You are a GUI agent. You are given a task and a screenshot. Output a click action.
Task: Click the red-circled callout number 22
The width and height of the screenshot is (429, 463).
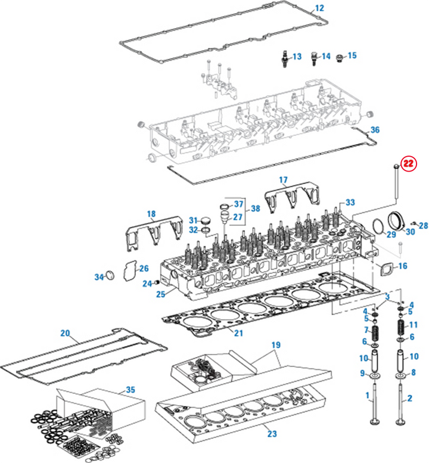408,163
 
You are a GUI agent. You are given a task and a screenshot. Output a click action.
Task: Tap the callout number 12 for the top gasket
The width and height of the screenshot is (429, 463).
319,8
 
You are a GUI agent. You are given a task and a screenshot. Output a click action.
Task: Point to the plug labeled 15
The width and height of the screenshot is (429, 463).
340,58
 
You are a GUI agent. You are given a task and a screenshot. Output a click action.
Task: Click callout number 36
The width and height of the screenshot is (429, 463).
374,130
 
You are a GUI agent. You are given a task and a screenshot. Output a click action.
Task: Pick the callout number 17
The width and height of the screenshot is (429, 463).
283,179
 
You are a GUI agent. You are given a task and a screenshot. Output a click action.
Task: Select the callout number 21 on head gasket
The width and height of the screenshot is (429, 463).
238,331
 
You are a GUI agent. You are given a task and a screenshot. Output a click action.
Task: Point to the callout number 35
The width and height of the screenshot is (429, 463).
130,390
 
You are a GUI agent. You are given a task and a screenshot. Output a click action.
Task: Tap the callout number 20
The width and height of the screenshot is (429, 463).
66,333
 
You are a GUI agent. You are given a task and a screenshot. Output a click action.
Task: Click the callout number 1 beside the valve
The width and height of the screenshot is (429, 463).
368,396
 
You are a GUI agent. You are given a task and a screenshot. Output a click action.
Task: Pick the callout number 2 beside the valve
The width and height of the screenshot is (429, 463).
411,396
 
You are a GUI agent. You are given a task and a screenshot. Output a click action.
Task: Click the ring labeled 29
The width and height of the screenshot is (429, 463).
377,226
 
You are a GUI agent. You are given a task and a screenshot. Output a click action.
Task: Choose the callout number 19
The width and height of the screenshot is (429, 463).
275,345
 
